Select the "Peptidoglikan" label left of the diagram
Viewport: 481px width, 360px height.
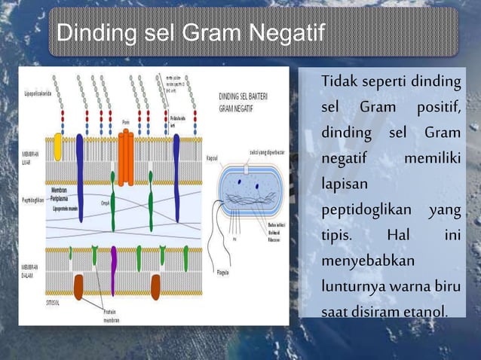(x=30, y=202)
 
